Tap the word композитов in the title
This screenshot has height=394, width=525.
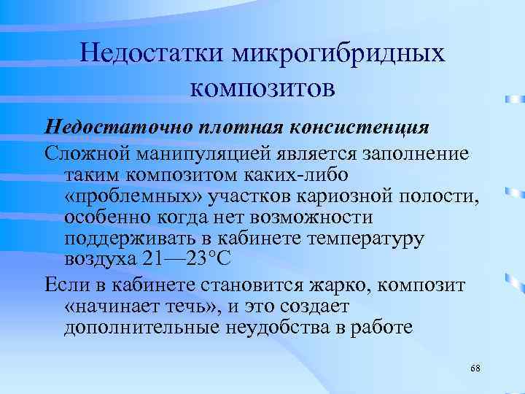pyautogui.click(x=262, y=88)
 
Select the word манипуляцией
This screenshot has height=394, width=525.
pyautogui.click(x=192, y=154)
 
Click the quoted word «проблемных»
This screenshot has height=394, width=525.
pyautogui.click(x=123, y=196)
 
